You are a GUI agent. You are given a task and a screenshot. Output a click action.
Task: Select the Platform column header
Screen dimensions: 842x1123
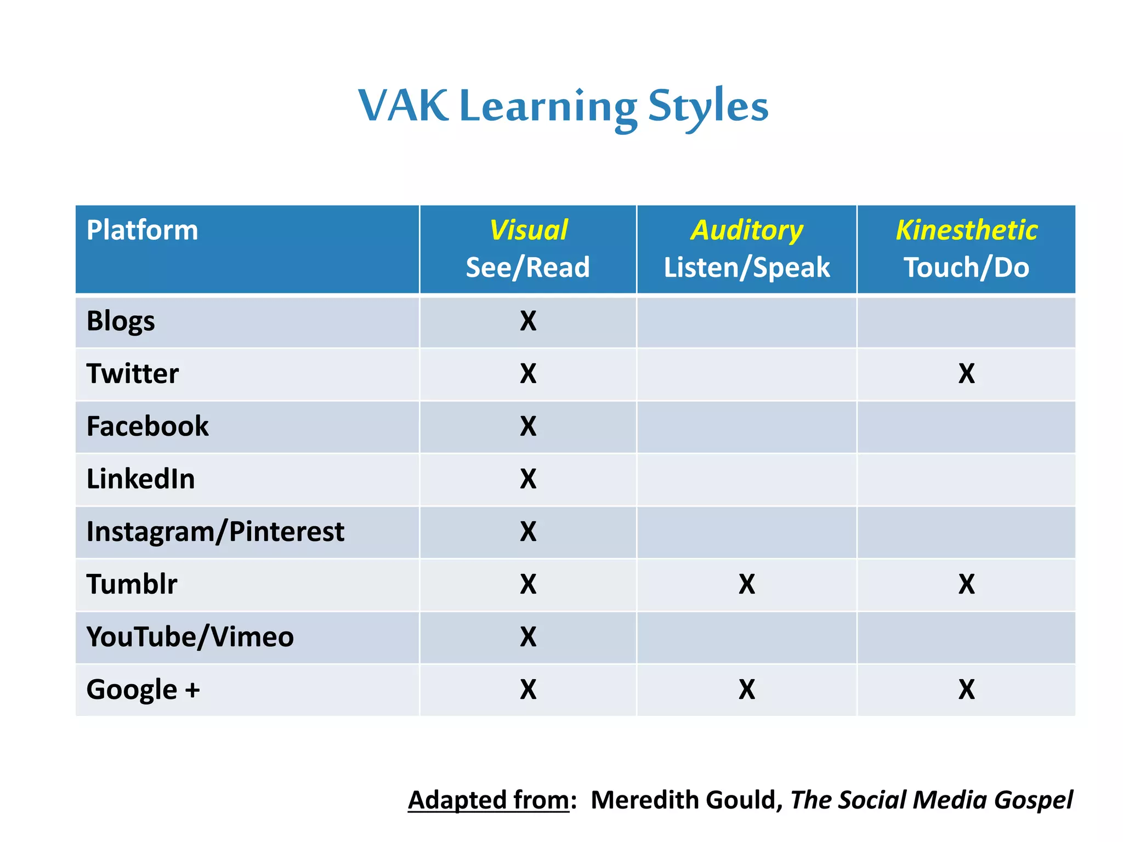pos(142,230)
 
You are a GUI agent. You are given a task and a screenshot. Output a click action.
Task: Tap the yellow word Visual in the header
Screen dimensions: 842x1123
pos(528,230)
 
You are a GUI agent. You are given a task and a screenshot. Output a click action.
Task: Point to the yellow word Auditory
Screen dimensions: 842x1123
pos(747,230)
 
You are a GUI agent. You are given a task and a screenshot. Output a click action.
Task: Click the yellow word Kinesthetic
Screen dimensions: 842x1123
pos(966,230)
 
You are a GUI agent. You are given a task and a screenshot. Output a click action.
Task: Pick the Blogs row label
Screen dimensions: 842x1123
pos(121,321)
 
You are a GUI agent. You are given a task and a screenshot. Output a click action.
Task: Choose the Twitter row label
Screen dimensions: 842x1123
pos(133,374)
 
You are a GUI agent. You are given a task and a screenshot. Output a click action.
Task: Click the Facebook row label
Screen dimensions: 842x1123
pos(148,426)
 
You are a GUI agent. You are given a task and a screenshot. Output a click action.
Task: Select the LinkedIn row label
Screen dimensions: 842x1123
pos(140,479)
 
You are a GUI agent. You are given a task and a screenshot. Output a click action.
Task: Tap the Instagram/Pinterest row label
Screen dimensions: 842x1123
pos(215,532)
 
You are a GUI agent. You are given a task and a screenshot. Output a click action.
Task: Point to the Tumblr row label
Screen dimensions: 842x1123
pos(132,584)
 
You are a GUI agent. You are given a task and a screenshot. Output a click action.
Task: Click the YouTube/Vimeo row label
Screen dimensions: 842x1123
pos(190,637)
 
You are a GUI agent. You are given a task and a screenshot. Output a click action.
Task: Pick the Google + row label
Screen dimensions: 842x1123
pos(143,690)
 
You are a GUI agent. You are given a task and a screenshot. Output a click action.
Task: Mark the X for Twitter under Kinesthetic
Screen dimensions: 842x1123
pos(967,374)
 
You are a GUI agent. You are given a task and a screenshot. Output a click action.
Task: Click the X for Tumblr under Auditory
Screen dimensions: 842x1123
pos(747,584)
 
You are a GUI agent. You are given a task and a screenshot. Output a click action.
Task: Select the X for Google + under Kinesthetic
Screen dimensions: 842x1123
pos(967,690)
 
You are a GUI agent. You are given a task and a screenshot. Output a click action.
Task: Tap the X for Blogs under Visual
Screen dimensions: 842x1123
pos(528,321)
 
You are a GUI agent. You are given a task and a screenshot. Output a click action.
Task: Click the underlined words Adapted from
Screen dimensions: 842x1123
pos(489,800)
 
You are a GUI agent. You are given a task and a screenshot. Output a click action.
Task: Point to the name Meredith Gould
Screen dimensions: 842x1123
pos(684,800)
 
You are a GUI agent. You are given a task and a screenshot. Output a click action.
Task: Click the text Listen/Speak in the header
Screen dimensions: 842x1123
pos(747,268)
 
